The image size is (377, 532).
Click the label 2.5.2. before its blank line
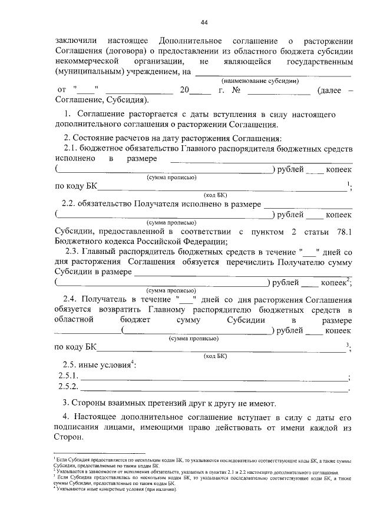[x=68, y=387]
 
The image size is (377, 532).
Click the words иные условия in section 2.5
[x=108, y=365]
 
